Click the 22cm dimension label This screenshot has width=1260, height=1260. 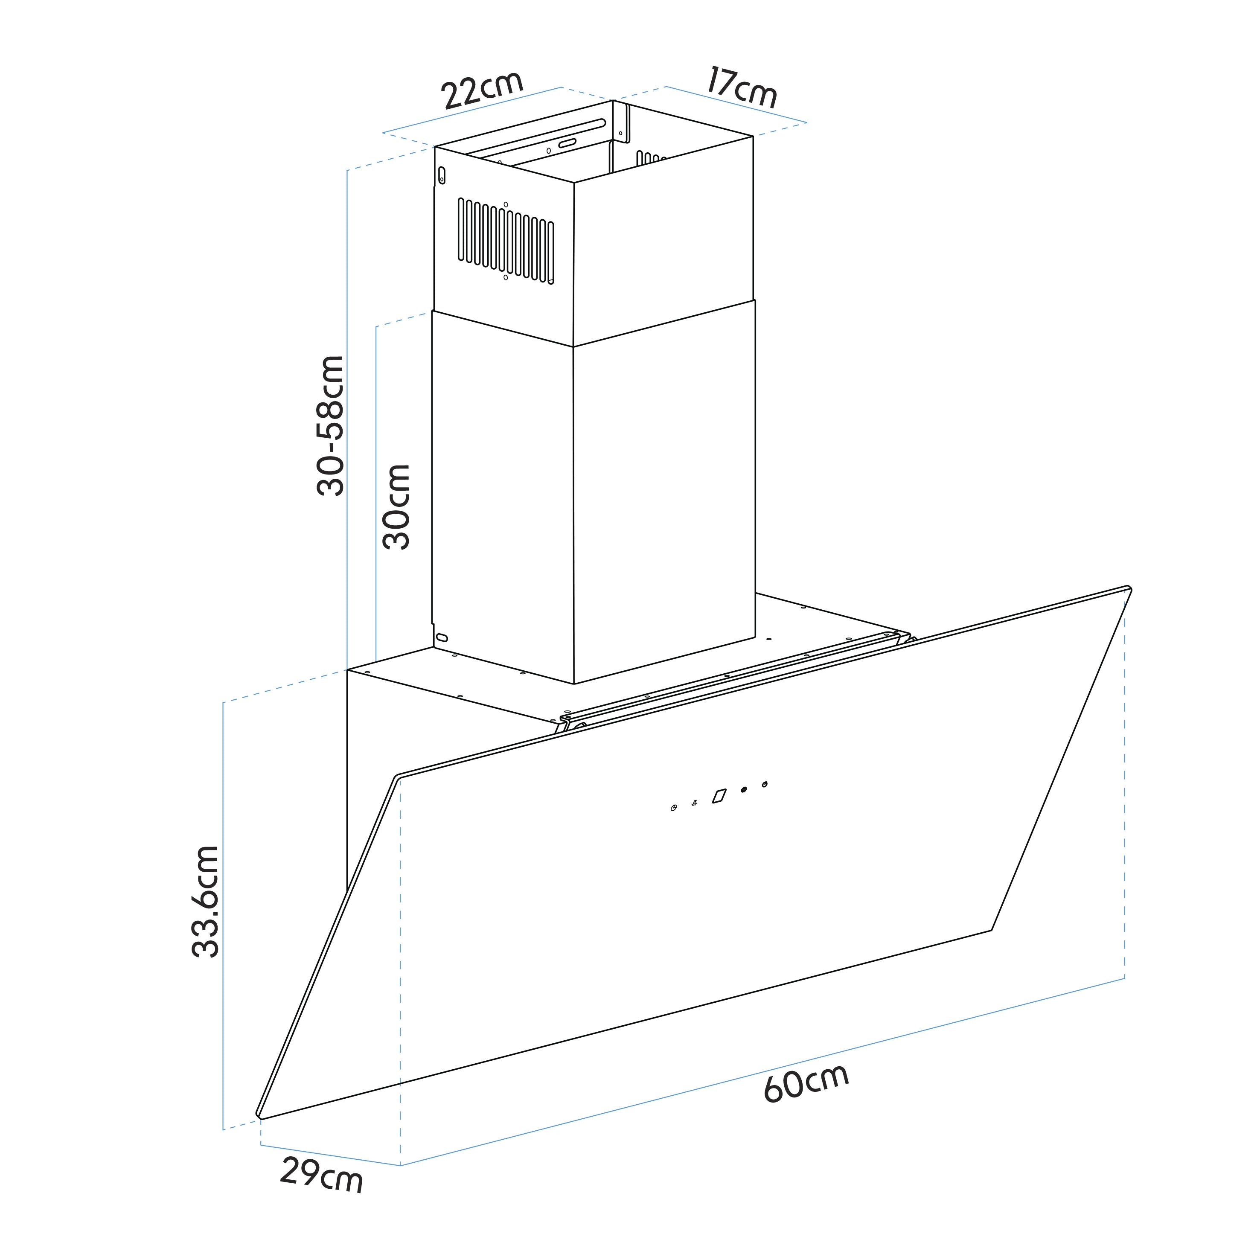483,90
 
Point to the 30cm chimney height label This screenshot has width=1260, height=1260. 396,507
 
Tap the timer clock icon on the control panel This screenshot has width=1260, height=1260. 674,809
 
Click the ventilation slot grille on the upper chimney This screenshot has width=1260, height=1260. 506,240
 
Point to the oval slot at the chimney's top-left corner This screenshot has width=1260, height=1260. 442,175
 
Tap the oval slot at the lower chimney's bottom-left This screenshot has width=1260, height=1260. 442,637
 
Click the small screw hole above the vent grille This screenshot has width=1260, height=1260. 506,204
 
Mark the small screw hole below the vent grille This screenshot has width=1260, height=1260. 506,277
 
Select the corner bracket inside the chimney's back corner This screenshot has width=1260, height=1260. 622,122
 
